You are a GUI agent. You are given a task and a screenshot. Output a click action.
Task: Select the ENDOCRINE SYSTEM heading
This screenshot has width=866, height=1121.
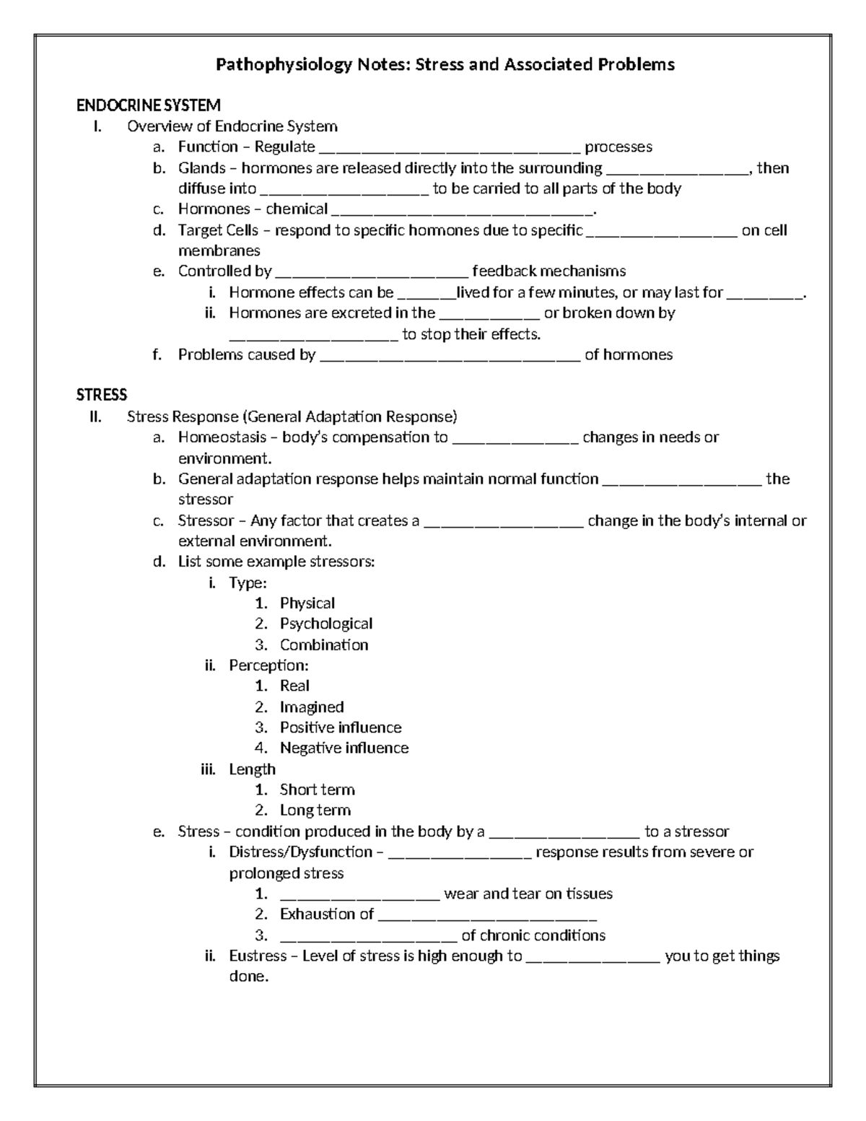tap(148, 106)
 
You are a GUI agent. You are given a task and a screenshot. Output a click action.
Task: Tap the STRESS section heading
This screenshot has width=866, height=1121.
tap(102, 395)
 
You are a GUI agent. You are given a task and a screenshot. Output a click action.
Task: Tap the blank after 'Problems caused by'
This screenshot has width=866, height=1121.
tap(449, 356)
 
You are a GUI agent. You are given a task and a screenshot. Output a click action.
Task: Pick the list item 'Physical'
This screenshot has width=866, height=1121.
tap(307, 603)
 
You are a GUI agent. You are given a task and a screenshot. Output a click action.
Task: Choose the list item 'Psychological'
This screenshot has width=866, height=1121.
tap(325, 624)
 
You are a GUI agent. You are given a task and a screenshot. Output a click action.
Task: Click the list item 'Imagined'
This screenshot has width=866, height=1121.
tap(311, 707)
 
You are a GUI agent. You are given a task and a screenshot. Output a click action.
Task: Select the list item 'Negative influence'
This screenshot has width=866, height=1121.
tap(344, 748)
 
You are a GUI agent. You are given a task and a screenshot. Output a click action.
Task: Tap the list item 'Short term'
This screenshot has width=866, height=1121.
tap(317, 790)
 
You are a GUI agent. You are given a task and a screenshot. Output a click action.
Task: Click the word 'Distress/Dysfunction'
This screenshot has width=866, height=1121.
tap(300, 852)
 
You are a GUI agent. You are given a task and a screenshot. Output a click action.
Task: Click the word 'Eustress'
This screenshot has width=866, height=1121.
tap(258, 956)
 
